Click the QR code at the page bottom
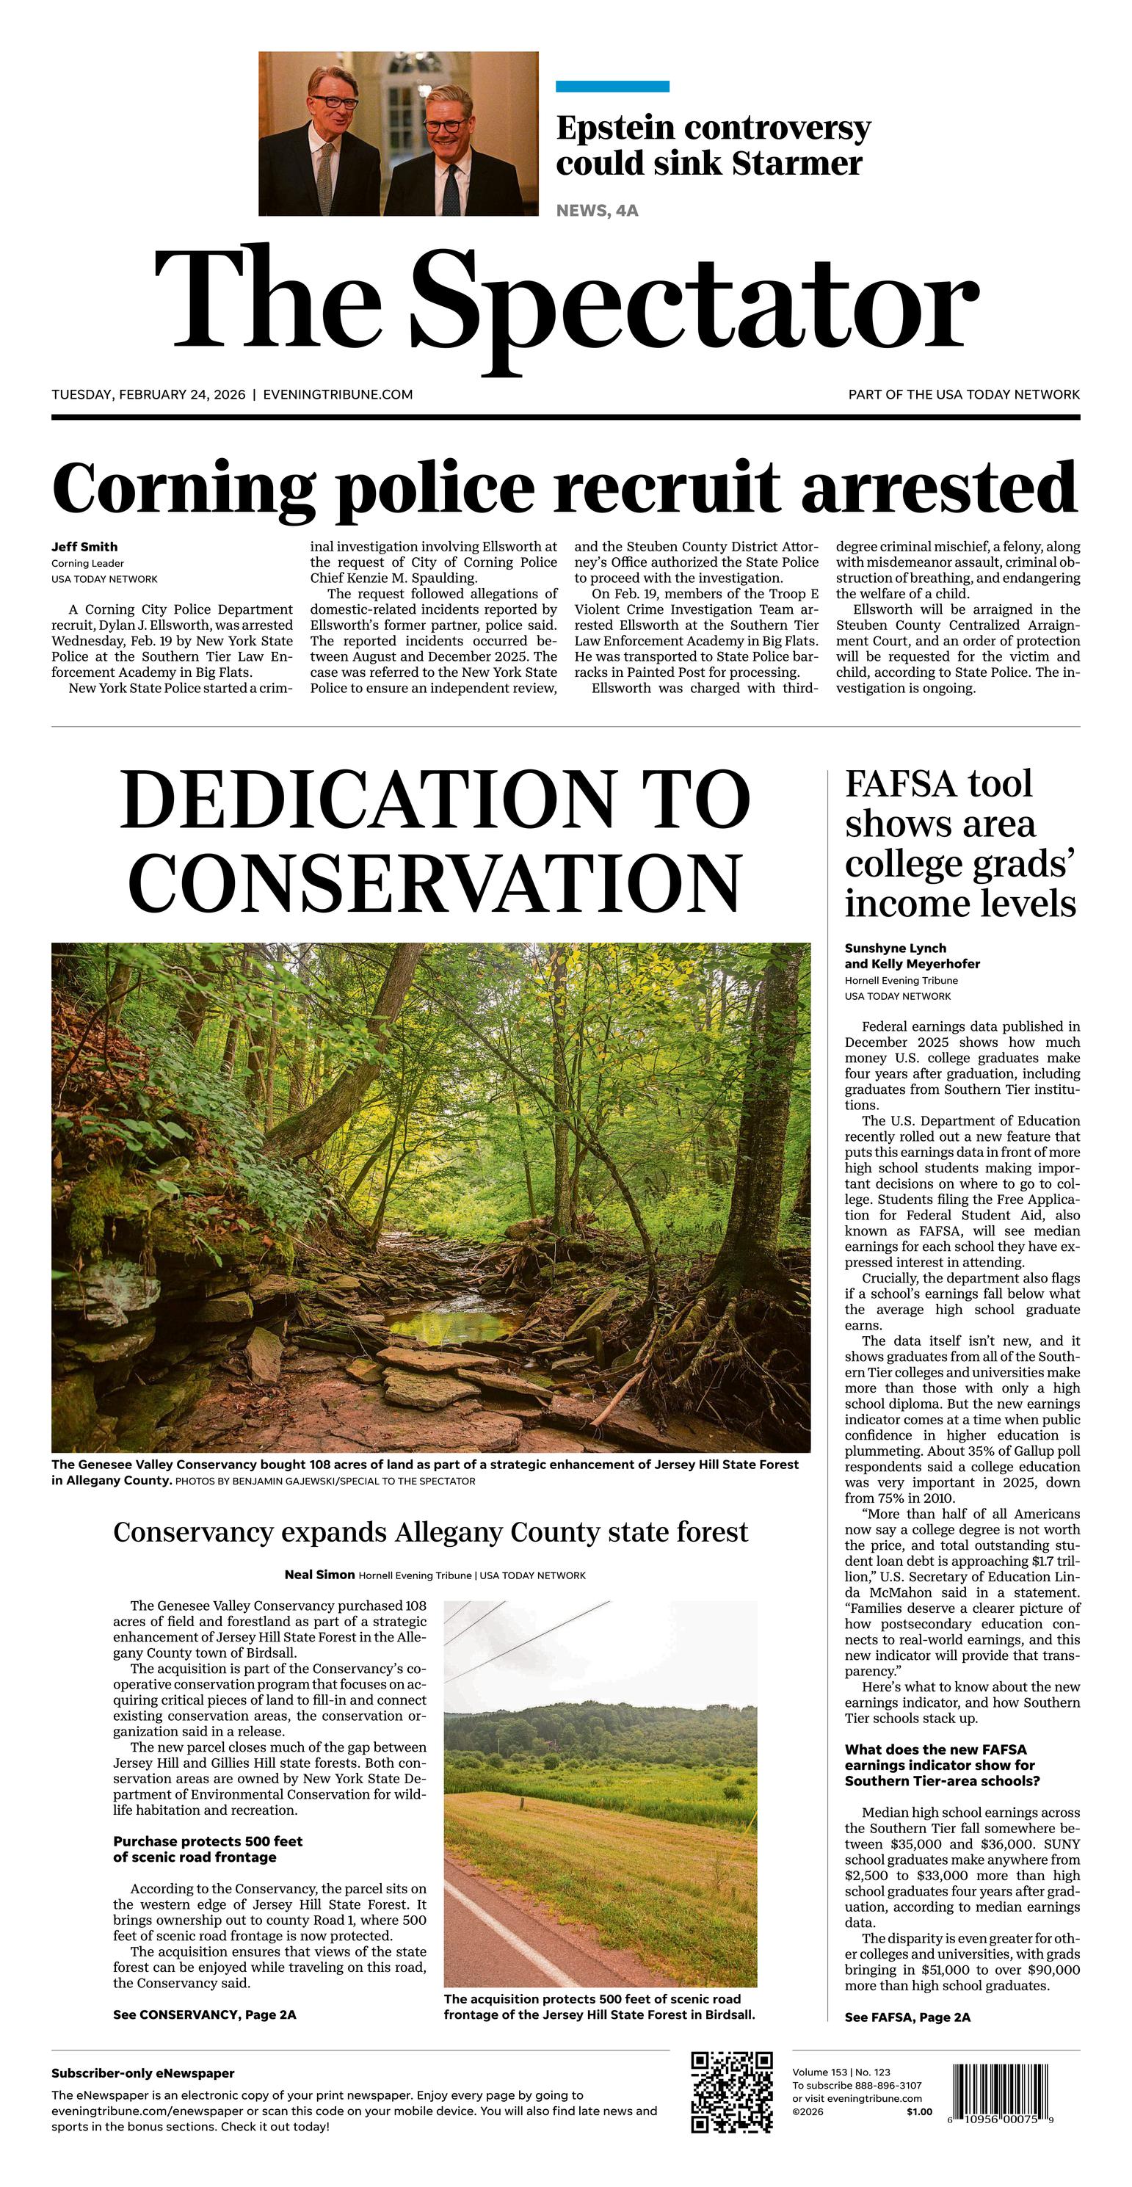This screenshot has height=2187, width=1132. pyautogui.click(x=731, y=2091)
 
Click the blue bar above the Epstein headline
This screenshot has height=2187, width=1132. pyautogui.click(x=612, y=86)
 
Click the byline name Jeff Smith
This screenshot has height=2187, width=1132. pyautogui.click(x=84, y=547)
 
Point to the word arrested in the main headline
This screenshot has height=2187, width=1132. pyautogui.click(x=939, y=488)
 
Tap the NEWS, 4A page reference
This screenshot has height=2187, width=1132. pyautogui.click(x=597, y=211)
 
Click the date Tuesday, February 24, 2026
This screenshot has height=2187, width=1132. pyautogui.click(x=148, y=395)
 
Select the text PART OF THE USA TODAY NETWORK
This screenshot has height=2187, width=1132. pyautogui.click(x=964, y=395)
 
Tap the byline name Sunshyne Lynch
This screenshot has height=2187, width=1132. pyautogui.click(x=895, y=948)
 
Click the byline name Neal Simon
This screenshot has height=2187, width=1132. pyautogui.click(x=319, y=1575)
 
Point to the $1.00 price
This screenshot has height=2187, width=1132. pyautogui.click(x=919, y=2112)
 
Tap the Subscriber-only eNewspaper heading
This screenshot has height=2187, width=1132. pyautogui.click(x=142, y=2073)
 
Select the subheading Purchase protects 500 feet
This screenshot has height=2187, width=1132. pyautogui.click(x=208, y=1841)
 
